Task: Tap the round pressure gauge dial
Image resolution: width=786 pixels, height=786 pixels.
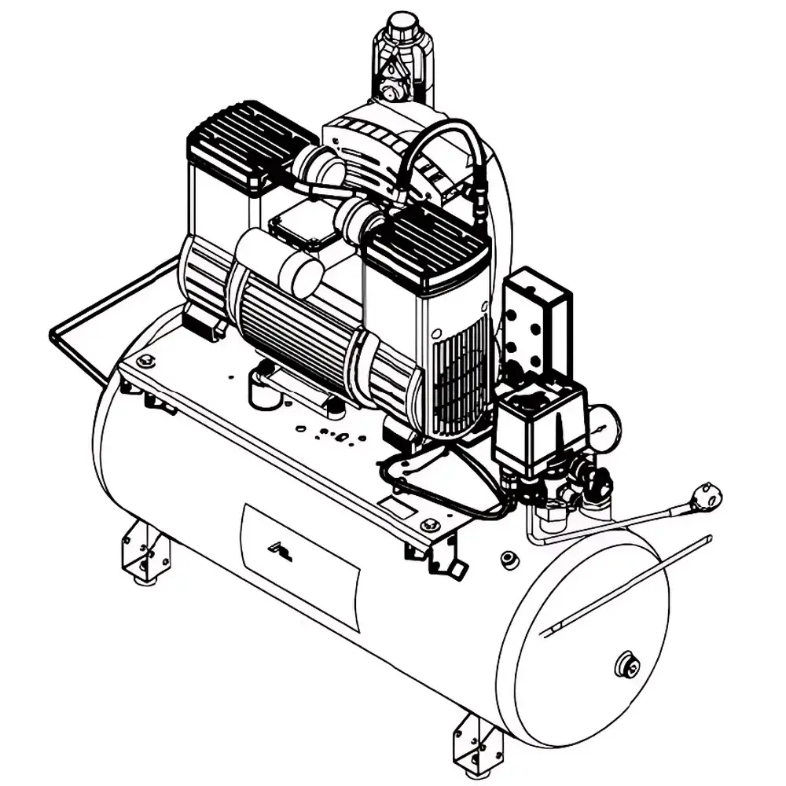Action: click(x=604, y=427)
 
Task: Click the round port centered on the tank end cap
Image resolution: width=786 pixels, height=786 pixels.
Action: click(x=626, y=666)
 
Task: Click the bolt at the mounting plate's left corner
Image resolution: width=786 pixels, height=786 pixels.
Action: click(x=145, y=361)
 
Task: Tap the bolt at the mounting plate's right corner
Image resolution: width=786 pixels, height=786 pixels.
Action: click(x=428, y=524)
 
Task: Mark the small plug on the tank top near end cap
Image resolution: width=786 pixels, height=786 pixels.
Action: click(x=509, y=559)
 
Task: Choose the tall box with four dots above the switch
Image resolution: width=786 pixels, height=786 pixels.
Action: click(x=536, y=318)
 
